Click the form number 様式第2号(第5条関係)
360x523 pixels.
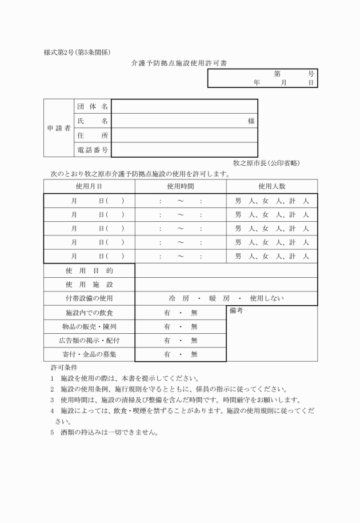click(x=77, y=53)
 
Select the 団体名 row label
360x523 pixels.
click(x=92, y=107)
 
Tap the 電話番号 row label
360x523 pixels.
click(x=92, y=150)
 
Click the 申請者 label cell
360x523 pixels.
click(x=59, y=129)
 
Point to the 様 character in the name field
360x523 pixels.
click(x=251, y=121)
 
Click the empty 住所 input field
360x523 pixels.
click(x=184, y=135)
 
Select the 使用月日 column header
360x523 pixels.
click(x=89, y=186)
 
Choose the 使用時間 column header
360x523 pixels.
click(x=181, y=186)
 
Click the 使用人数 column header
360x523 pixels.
click(x=271, y=186)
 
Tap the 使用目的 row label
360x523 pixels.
click(x=89, y=270)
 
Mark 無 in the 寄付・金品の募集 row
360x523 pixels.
click(x=194, y=354)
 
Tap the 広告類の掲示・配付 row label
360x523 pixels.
click(x=89, y=341)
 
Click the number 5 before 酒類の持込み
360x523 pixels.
click(x=52, y=432)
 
